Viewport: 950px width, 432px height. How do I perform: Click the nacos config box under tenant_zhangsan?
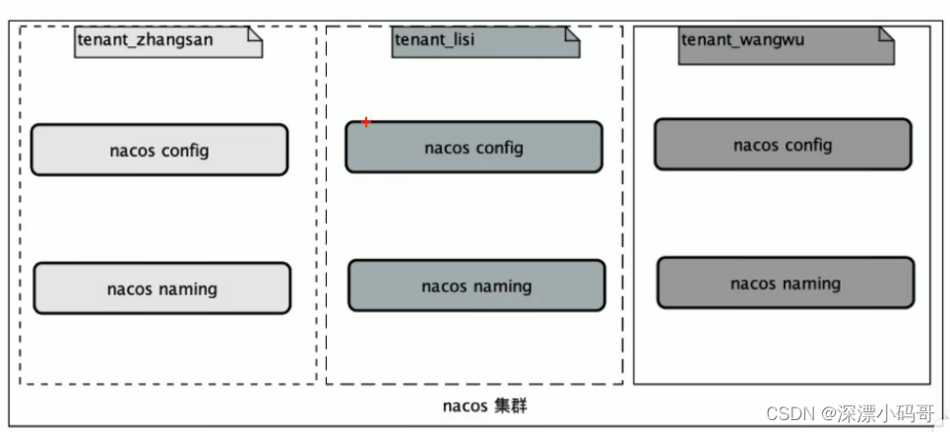pos(158,150)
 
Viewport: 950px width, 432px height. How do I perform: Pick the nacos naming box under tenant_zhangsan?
pos(161,288)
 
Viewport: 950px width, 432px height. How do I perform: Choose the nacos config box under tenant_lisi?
pos(473,148)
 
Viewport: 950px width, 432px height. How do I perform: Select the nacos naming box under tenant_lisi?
pos(476,285)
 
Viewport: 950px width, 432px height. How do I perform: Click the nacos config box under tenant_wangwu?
pos(783,145)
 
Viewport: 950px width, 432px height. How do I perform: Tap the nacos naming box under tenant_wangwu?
pos(785,283)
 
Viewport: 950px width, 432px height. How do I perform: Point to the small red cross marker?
pos(366,122)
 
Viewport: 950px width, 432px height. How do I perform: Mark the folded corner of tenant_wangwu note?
pos(886,34)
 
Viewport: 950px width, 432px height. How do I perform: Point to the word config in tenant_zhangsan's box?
pos(184,151)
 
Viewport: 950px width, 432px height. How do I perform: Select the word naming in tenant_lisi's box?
pos(503,286)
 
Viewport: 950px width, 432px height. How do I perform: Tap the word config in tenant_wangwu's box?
pos(808,146)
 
